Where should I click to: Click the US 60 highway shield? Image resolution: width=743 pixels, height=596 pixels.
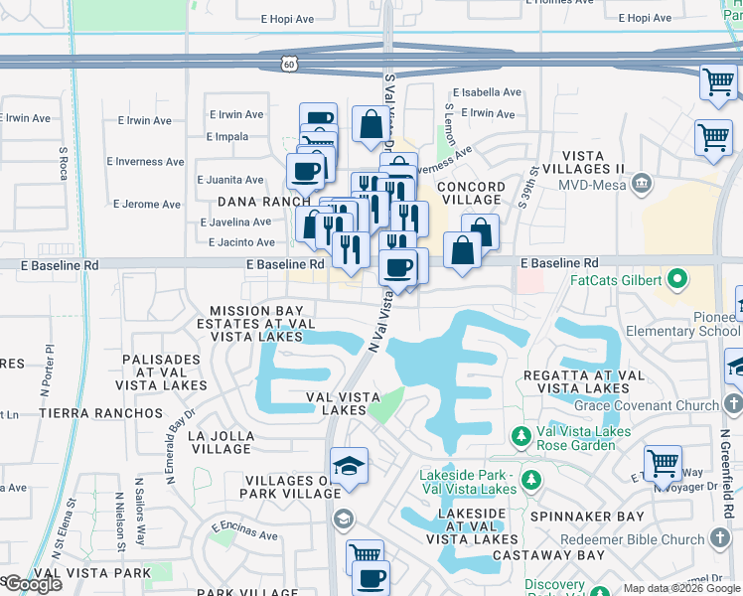tap(288, 62)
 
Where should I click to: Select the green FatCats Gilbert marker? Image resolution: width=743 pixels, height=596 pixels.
tap(678, 279)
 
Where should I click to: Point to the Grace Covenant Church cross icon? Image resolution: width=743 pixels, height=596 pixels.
tap(732, 404)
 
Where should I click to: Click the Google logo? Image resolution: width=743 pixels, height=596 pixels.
tap(33, 584)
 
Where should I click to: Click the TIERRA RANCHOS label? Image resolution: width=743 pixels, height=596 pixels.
tap(100, 412)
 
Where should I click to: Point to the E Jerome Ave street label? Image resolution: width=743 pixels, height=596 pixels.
tap(147, 205)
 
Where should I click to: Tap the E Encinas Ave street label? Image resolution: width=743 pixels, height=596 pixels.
tap(244, 533)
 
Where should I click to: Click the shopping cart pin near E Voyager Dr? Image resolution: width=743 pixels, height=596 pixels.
tap(663, 463)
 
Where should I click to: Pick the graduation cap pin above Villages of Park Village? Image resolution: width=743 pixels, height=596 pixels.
tap(350, 468)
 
